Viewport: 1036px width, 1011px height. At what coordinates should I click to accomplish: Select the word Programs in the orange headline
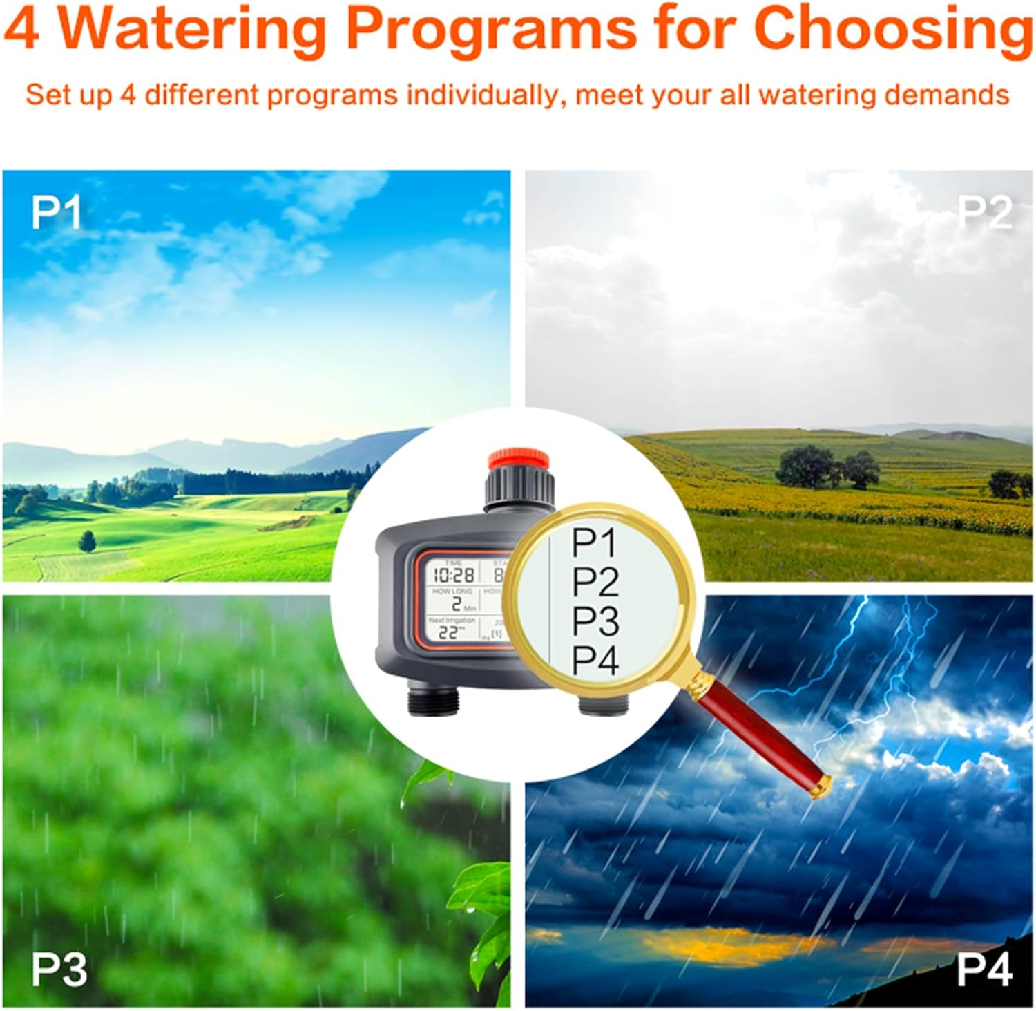(490, 29)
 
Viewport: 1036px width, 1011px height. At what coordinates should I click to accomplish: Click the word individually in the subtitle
(481, 95)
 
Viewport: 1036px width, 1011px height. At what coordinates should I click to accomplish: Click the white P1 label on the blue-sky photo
(57, 213)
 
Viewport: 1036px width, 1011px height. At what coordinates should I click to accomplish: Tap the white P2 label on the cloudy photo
(984, 213)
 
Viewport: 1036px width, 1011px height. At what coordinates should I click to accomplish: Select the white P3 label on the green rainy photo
(59, 970)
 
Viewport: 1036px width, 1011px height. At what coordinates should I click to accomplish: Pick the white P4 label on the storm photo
(984, 970)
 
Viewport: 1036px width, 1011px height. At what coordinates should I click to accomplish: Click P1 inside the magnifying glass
(594, 543)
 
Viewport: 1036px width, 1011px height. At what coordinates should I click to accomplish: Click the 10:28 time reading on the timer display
(454, 574)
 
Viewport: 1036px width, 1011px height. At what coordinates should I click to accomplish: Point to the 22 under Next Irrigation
(448, 632)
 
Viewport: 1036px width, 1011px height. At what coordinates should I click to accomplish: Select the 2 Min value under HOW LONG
(457, 604)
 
